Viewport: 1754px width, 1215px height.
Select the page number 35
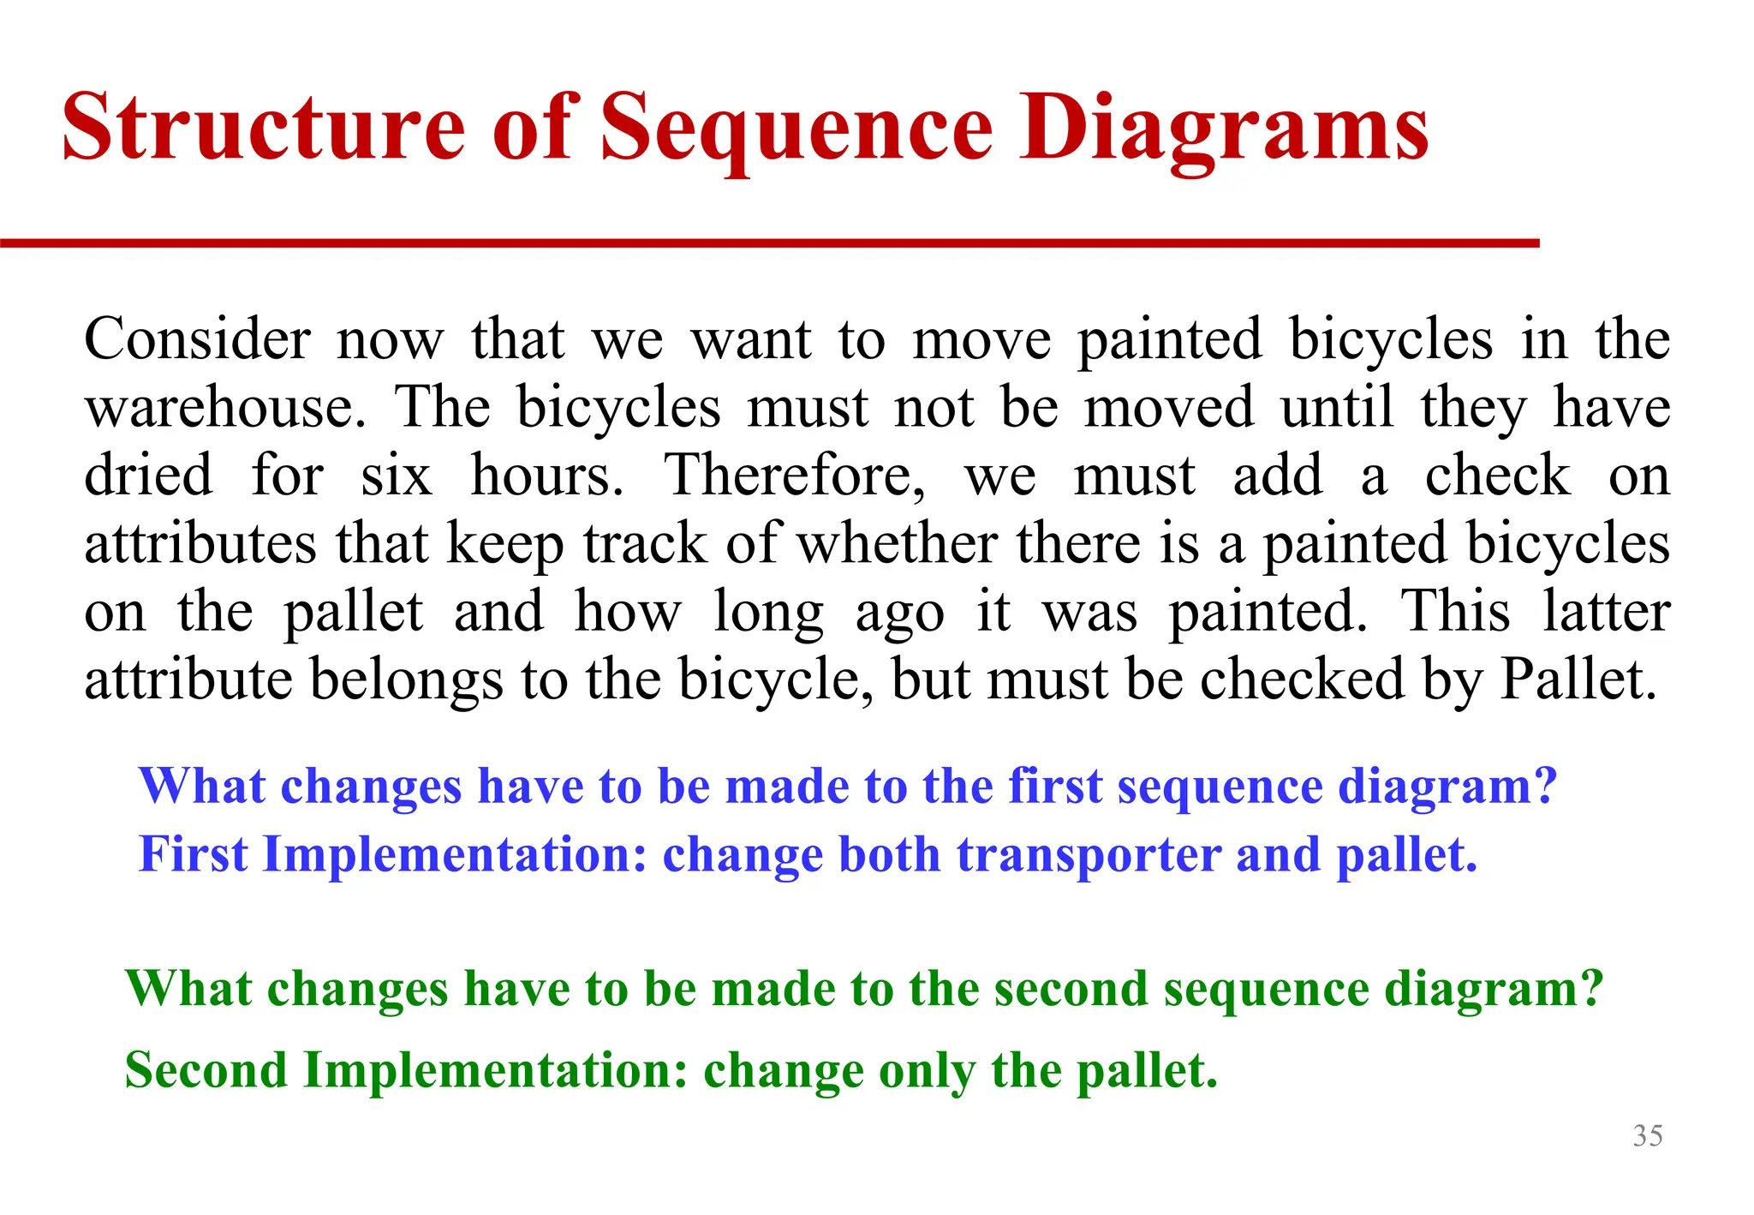1647,1135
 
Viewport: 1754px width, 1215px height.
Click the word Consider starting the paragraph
197,339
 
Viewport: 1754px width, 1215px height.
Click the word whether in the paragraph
897,543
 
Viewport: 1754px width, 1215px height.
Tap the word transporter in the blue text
1089,855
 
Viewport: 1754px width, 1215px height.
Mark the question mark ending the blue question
1545,786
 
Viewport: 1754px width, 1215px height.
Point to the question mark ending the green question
1591,989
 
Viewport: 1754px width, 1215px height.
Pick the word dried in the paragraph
148,476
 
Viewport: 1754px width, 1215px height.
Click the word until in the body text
1338,408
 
